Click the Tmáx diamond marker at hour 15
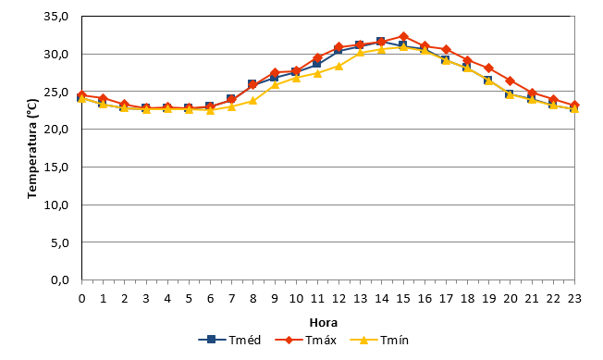(403, 36)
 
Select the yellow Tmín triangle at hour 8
(252, 101)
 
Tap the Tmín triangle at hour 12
(338, 66)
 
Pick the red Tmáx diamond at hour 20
(511, 81)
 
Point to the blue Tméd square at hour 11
(317, 63)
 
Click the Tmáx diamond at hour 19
(489, 68)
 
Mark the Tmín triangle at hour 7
(231, 106)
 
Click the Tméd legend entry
(229, 340)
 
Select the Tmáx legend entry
(306, 340)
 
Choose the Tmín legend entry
(379, 340)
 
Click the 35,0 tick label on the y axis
(56, 16)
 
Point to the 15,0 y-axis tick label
(56, 167)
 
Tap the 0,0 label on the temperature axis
(59, 279)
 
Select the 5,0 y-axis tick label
(59, 242)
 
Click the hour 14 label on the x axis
(381, 299)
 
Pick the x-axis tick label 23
(574, 299)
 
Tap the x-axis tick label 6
(210, 299)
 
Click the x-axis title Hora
(324, 322)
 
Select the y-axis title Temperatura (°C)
(33, 149)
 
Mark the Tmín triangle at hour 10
(296, 78)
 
